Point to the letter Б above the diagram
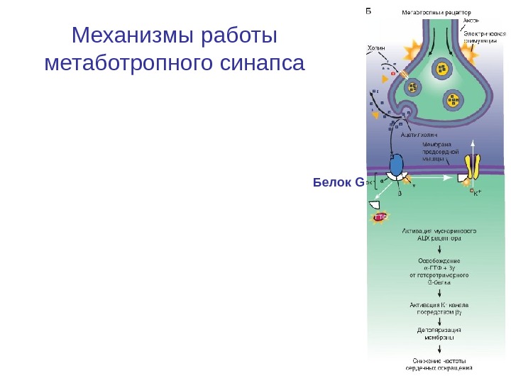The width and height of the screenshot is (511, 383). point(369,11)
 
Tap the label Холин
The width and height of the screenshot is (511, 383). point(376,48)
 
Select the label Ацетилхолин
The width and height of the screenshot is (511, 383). point(419,133)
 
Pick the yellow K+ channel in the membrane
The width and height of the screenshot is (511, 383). point(473,167)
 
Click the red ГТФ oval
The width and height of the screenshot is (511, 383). point(380,218)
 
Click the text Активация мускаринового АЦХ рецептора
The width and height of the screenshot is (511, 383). point(439,235)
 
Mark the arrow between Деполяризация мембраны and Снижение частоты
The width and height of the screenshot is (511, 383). point(439,348)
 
